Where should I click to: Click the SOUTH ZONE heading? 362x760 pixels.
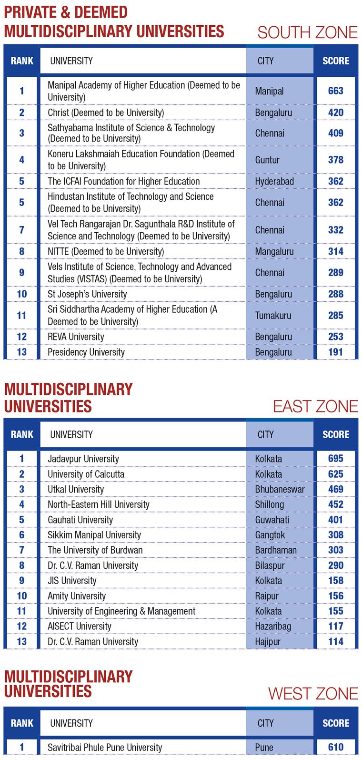307,32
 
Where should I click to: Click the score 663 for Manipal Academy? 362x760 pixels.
335,91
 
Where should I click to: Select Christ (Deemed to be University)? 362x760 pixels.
106,113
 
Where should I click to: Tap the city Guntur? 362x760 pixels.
267,160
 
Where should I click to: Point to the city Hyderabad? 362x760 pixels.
274,181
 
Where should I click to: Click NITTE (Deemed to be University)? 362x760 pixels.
106,251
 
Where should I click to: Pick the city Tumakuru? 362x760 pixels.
273,315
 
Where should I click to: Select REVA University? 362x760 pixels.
76,337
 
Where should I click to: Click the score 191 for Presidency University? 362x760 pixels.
335,352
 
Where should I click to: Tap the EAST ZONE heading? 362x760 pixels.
315,406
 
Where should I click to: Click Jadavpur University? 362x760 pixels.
83,459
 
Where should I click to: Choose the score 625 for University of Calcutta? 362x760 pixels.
335,474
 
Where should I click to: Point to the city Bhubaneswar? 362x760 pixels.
280,489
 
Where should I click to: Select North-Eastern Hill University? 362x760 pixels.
99,504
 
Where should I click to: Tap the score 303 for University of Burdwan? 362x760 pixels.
335,550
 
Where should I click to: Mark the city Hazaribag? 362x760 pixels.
273,626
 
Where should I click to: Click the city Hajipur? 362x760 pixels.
268,642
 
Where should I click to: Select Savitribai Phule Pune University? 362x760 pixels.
105,747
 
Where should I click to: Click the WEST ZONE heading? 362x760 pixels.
313,693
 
